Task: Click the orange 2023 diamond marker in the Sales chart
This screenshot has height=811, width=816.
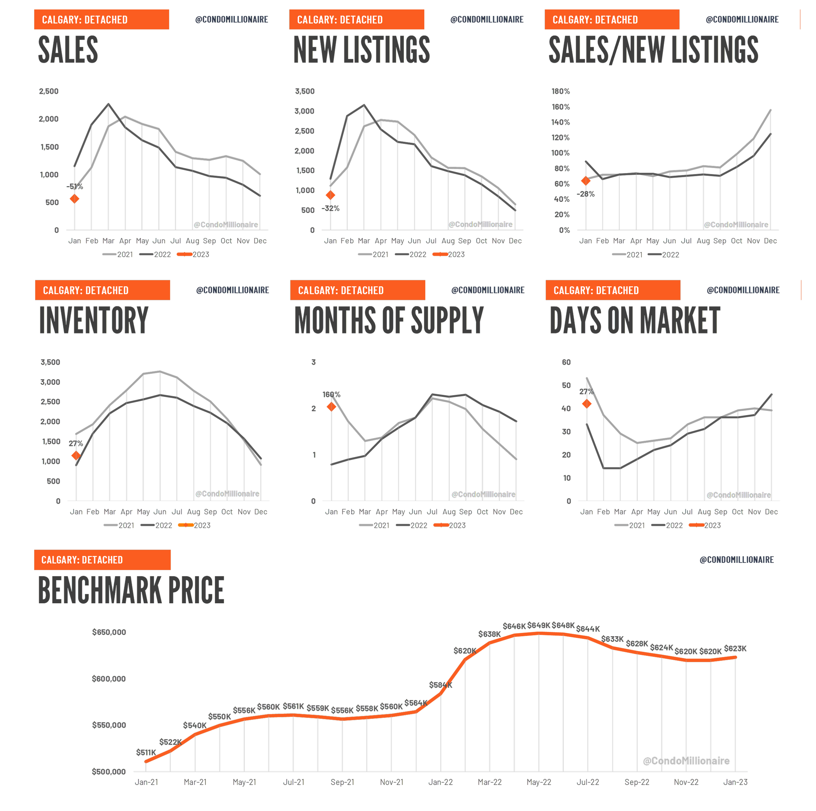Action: (74, 199)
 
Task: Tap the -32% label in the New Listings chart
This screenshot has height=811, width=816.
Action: (330, 208)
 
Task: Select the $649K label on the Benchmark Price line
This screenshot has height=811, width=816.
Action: (539, 625)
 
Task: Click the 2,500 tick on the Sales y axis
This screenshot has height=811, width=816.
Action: (49, 91)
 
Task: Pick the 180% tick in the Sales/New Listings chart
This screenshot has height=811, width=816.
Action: (560, 91)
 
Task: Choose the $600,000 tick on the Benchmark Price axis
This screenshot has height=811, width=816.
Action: (109, 679)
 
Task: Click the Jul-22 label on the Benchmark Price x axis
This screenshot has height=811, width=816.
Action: (588, 782)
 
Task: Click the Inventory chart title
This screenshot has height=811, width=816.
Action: (94, 320)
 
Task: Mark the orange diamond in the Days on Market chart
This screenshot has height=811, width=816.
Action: (587, 404)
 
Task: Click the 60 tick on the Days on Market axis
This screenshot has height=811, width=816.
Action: (566, 362)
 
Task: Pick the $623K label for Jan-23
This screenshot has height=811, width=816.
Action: (735, 648)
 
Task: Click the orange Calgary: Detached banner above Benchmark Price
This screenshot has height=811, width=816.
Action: (102, 560)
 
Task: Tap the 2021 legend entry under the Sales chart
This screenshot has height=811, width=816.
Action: (118, 254)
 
